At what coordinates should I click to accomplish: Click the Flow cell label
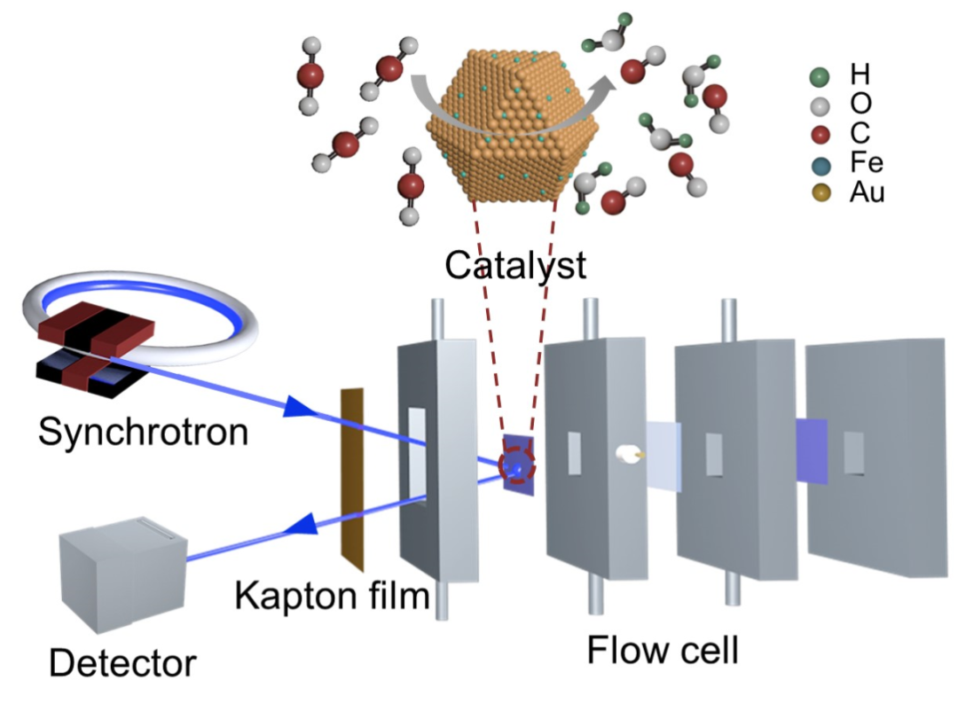(x=663, y=652)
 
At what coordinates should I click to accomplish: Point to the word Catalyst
(x=515, y=264)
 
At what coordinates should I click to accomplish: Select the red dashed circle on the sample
(x=517, y=465)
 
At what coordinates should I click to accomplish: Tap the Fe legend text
(x=866, y=163)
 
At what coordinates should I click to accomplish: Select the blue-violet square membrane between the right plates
(x=812, y=451)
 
